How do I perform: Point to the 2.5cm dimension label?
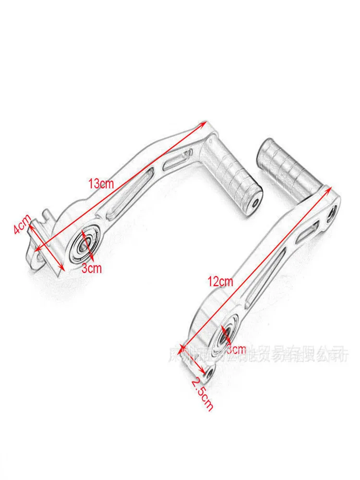[x=202, y=394]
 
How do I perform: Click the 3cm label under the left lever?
[x=91, y=268]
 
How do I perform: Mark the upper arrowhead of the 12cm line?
[x=328, y=188]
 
